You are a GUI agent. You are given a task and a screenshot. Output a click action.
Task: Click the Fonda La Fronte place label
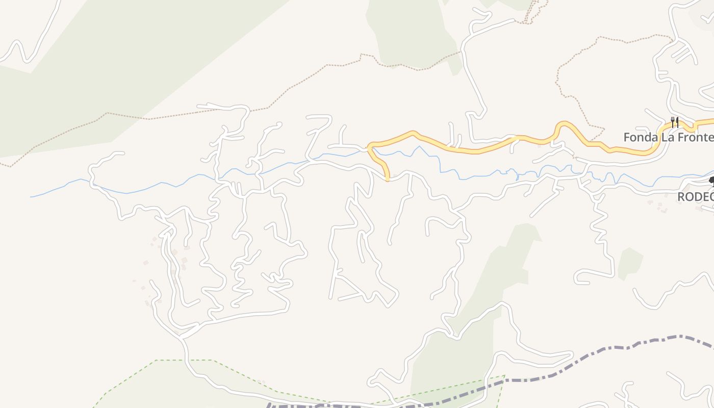tap(668, 137)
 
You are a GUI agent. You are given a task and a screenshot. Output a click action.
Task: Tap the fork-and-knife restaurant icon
tap(674, 122)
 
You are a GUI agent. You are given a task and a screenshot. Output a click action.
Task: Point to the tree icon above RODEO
tap(711, 180)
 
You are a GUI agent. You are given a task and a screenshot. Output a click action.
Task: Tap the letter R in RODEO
tap(681, 196)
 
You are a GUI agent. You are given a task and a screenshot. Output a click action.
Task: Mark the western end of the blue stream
tap(31, 197)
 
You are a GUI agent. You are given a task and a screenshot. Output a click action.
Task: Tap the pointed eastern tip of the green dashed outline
tap(504, 376)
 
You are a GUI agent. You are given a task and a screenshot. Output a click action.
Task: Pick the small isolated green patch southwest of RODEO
tap(630, 263)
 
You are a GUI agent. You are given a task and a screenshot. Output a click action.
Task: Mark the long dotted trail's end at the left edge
tap(2, 164)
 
